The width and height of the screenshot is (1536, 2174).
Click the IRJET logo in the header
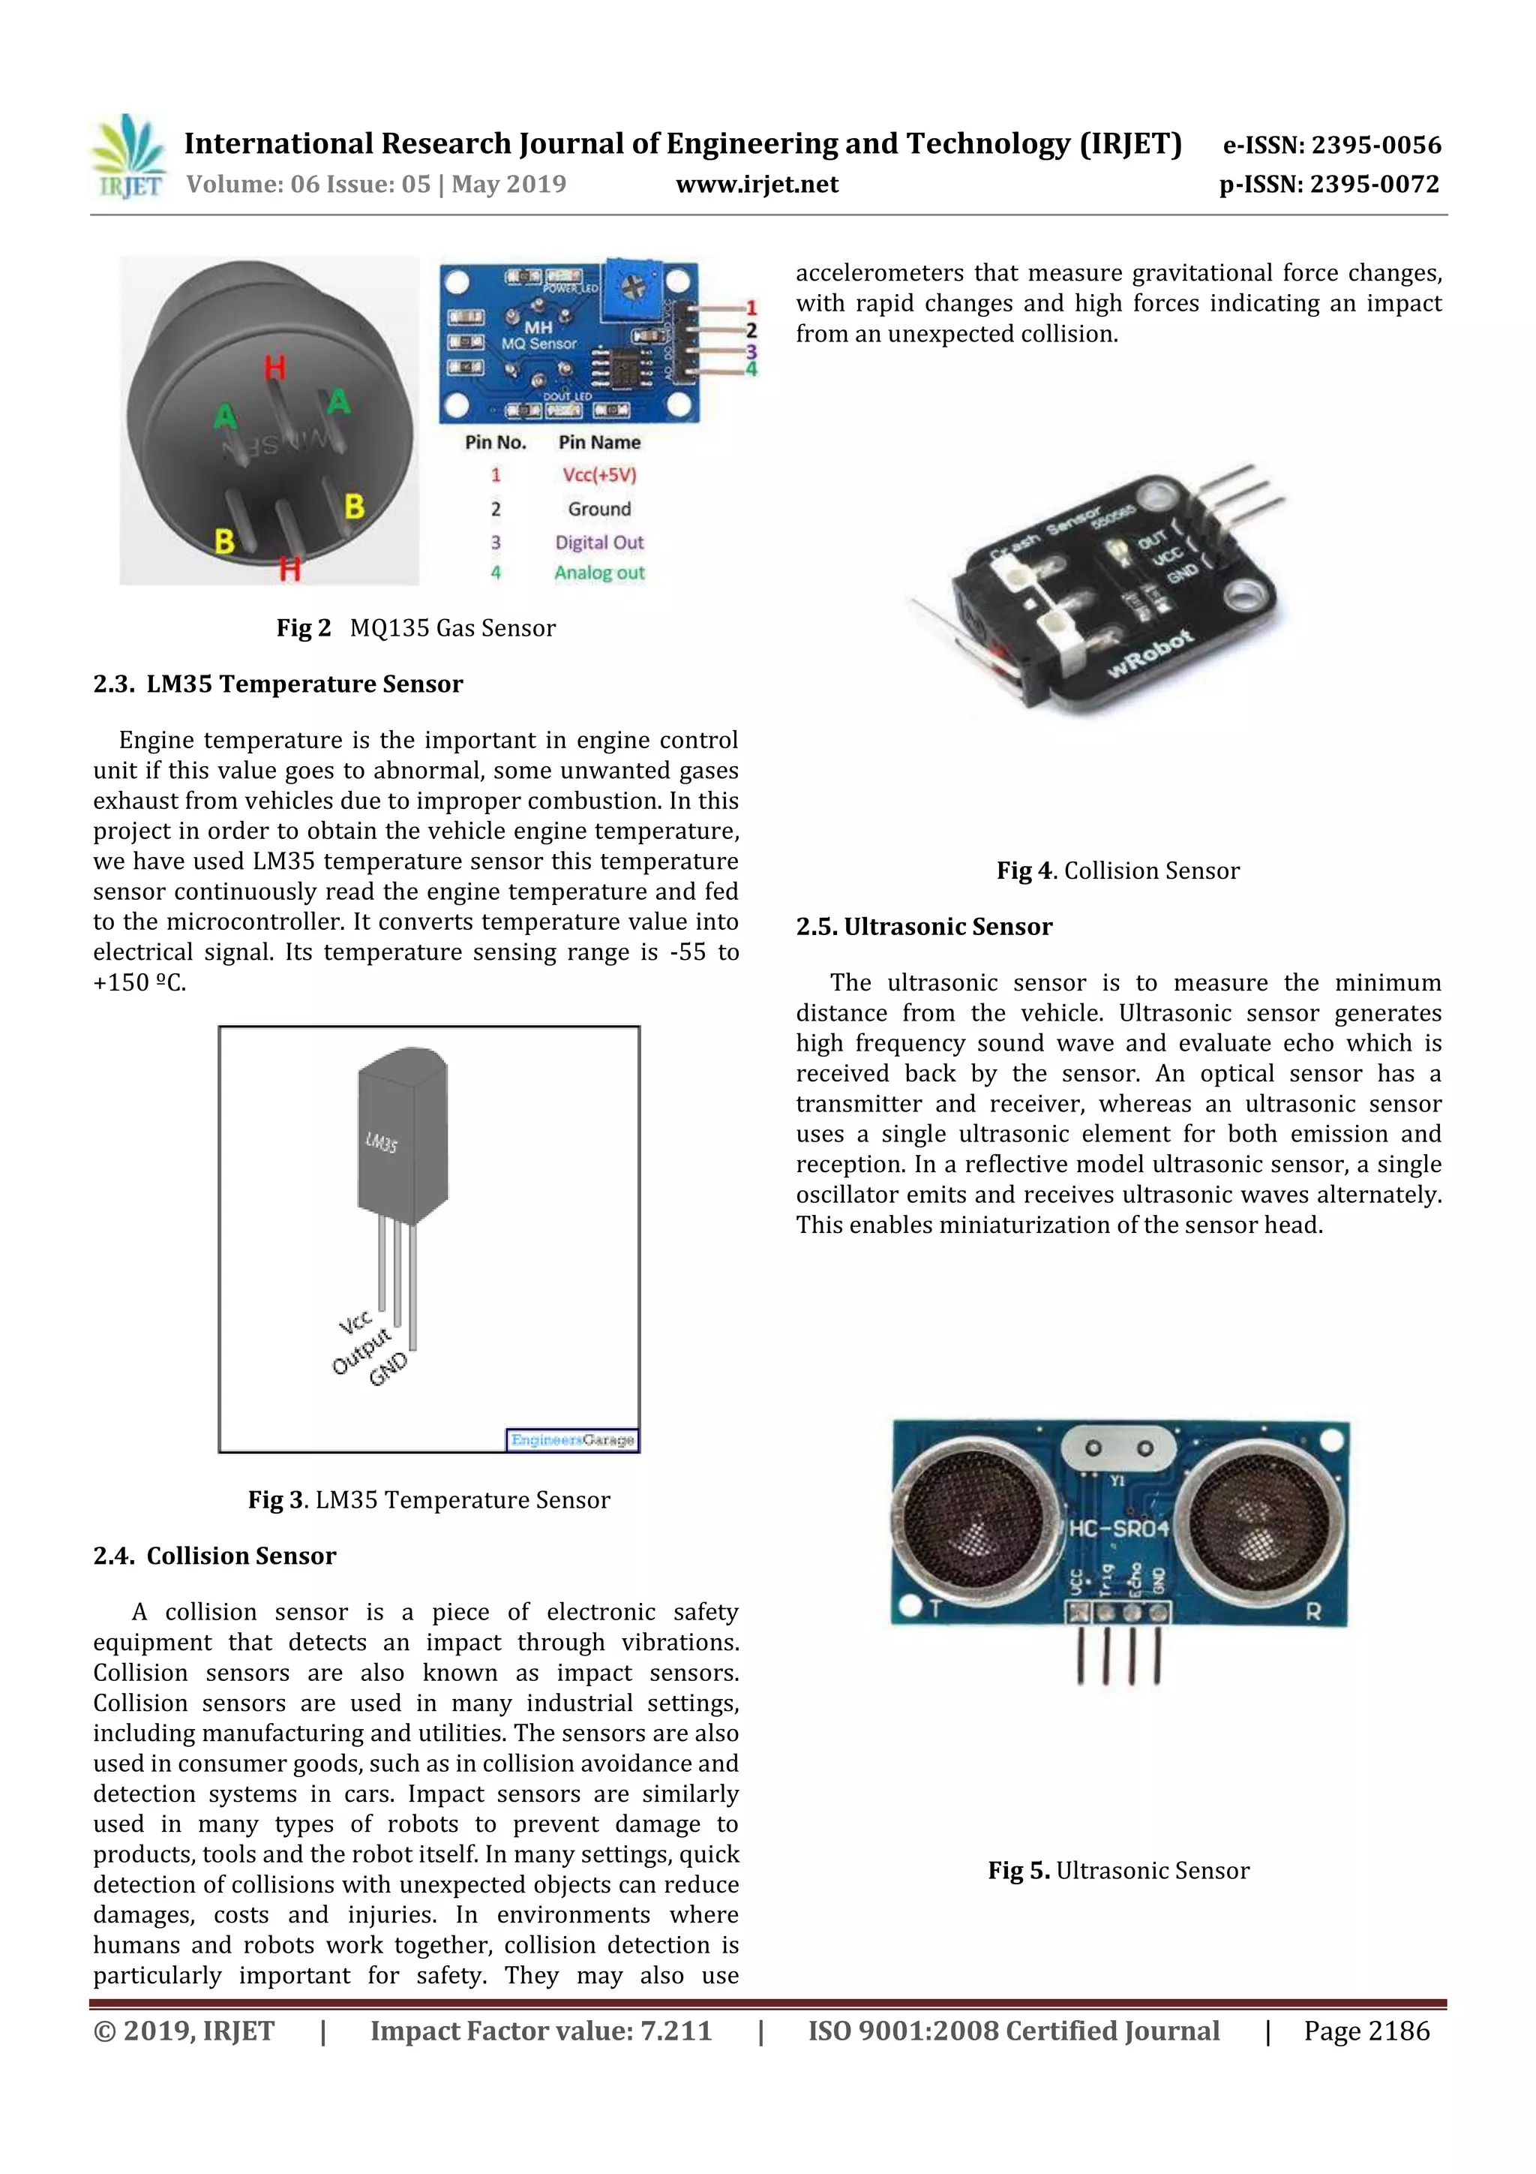click(127, 156)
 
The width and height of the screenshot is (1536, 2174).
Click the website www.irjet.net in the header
click(756, 185)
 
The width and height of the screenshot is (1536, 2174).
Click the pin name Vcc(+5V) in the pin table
click(599, 475)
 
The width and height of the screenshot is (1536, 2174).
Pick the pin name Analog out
click(599, 573)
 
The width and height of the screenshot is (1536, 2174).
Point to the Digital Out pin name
click(599, 543)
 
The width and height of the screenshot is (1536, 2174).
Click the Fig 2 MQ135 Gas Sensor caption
click(415, 628)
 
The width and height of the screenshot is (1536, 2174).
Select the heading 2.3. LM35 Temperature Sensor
click(278, 684)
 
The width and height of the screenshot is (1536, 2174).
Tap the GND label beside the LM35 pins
click(388, 1370)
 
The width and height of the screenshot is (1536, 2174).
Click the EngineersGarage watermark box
click(571, 1440)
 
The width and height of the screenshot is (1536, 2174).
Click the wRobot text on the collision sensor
click(1149, 654)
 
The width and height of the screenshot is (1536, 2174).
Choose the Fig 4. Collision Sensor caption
click(1117, 871)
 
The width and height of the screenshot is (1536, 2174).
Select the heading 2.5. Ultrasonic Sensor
click(924, 926)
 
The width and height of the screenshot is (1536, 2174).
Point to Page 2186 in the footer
click(1366, 2031)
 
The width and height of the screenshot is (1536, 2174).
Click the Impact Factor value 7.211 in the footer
click(541, 2031)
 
